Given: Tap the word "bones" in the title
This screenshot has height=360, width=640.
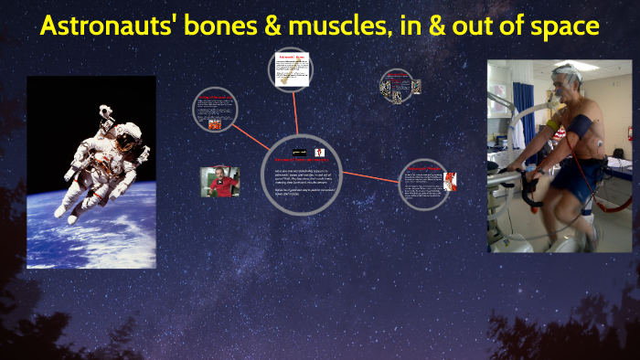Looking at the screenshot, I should tap(209, 26).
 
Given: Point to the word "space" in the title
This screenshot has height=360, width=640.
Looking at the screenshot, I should tap(563, 26).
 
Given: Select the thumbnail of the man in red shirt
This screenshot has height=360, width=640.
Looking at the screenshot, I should tap(219, 181).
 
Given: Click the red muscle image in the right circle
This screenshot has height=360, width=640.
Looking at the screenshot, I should tap(449, 179).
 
